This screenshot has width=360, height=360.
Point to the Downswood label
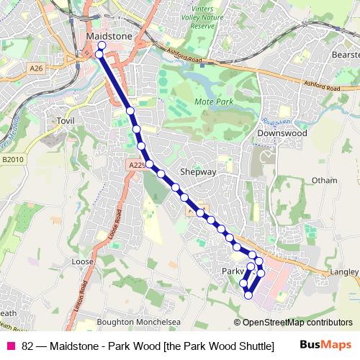282,133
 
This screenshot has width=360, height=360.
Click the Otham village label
324,180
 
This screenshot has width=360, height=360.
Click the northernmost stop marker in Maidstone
102,46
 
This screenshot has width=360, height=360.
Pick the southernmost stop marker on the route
248,295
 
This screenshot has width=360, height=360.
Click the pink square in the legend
10,345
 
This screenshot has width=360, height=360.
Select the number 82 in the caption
27,345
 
